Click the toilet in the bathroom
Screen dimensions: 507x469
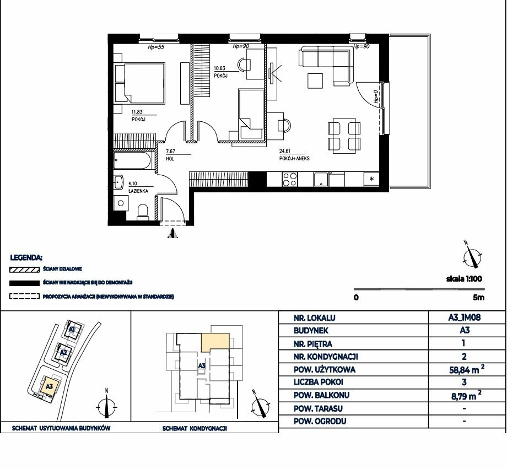[x=143, y=212]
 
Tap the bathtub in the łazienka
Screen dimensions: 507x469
[x=132, y=161]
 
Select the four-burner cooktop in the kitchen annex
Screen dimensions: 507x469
[x=290, y=180]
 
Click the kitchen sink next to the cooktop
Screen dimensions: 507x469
[x=321, y=180]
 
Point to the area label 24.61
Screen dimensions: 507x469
[x=285, y=151]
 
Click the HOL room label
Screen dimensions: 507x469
[x=170, y=159]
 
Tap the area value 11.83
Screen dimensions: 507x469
[x=137, y=112]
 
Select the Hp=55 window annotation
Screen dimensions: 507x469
[x=156, y=47]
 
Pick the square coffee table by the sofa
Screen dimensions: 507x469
[x=315, y=81]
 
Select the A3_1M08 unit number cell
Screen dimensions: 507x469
[x=465, y=317]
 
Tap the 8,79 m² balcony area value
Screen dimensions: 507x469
[x=466, y=395]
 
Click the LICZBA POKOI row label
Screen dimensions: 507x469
[x=318, y=382]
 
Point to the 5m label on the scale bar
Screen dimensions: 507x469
[x=478, y=297]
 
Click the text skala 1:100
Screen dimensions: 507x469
[x=464, y=278]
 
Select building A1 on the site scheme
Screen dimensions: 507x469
[x=72, y=330]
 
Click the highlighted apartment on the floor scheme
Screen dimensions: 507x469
[x=215, y=342]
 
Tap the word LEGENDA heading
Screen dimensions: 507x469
[x=26, y=258]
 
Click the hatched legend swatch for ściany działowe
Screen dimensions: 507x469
[x=24, y=269]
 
